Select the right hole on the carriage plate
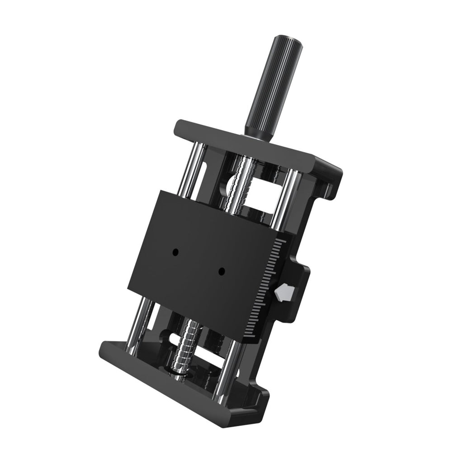(222, 271)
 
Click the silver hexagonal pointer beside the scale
(283, 293)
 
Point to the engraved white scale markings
(265, 289)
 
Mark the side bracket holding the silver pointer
(296, 289)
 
